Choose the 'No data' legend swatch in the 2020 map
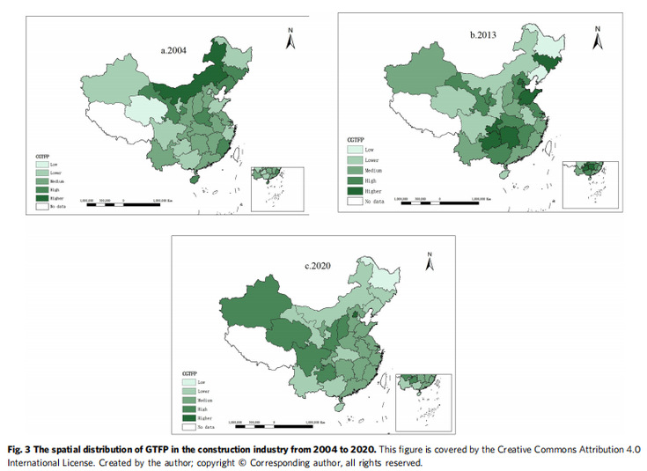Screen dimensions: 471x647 point(187,426)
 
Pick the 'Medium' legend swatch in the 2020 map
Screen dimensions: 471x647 point(187,400)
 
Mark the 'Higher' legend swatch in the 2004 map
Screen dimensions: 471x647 point(43,197)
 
